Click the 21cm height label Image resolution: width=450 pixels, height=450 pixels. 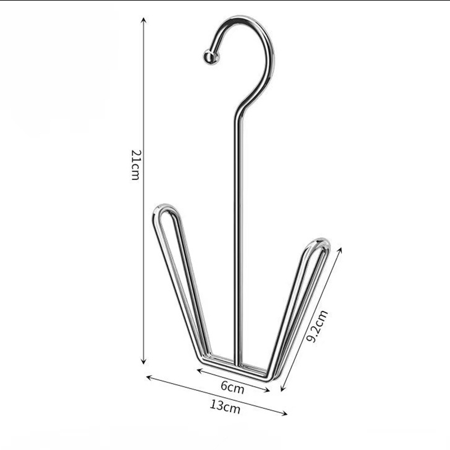pyautogui.click(x=135, y=165)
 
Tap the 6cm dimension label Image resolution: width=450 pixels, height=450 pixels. pyautogui.click(x=232, y=388)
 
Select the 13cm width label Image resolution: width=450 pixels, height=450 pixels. pyautogui.click(x=224, y=407)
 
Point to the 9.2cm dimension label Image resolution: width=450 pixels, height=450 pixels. pyautogui.click(x=317, y=326)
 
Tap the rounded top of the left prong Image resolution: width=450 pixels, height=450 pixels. pyautogui.click(x=165, y=209)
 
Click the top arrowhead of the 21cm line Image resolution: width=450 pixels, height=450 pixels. pyautogui.click(x=144, y=20)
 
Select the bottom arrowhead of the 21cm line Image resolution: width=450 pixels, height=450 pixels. pyautogui.click(x=143, y=361)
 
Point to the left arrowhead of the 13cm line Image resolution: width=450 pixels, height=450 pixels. pyautogui.click(x=149, y=377)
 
